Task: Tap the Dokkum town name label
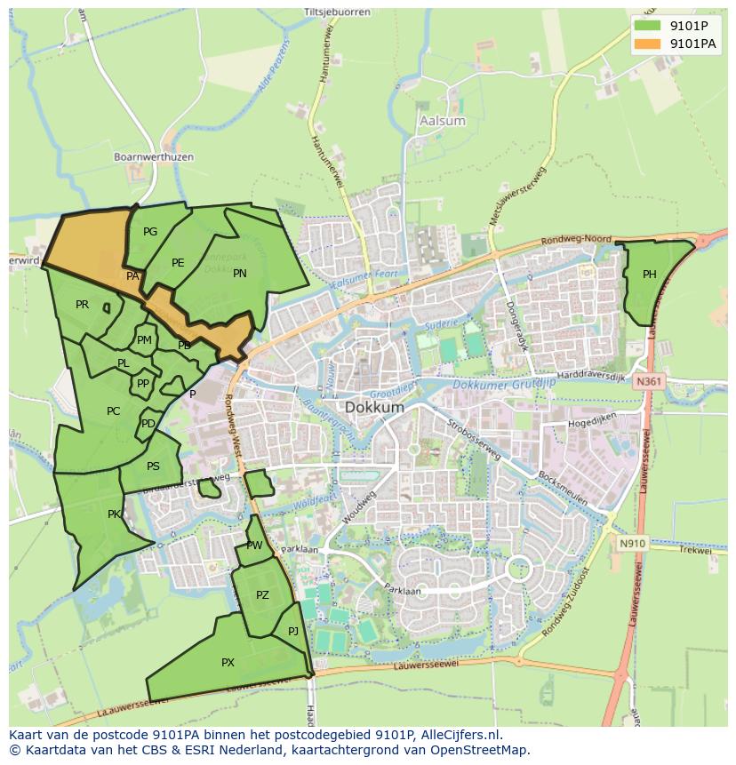[x=374, y=407]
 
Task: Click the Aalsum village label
[x=441, y=121]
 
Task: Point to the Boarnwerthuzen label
[x=154, y=157]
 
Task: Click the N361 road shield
[x=648, y=381]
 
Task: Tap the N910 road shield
[x=632, y=543]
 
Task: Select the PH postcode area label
[x=650, y=275]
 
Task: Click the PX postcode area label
[x=228, y=663]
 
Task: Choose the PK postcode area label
[x=114, y=514]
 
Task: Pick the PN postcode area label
[x=239, y=274]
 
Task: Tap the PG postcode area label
[x=150, y=232]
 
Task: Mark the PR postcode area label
[x=82, y=305]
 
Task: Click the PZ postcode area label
[x=262, y=595]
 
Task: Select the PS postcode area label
[x=153, y=466]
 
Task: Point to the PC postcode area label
[x=113, y=411]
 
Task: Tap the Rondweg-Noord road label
[x=576, y=241]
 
